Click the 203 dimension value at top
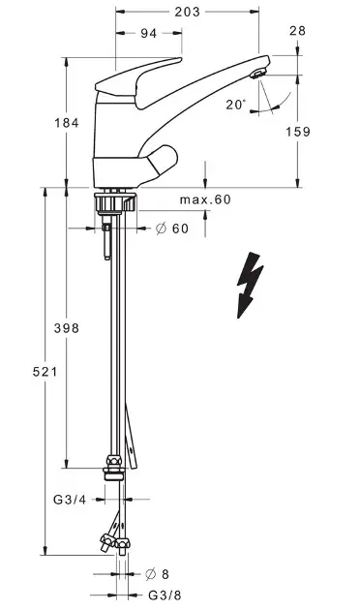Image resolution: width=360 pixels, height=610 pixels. coord(187,12)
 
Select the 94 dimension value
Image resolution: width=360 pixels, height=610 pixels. coord(148,34)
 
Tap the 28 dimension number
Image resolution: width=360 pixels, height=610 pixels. coord(297,31)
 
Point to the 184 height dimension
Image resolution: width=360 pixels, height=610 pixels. coord(67,123)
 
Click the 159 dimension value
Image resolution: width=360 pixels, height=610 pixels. coord(298,132)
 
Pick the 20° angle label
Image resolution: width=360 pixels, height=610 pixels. coord(235,105)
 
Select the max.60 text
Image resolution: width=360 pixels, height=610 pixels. coord(205,199)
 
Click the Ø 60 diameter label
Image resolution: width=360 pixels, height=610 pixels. coord(172,229)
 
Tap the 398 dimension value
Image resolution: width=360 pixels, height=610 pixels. coord(67,328)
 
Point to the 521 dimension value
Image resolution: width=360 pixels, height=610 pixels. coord(45,372)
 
